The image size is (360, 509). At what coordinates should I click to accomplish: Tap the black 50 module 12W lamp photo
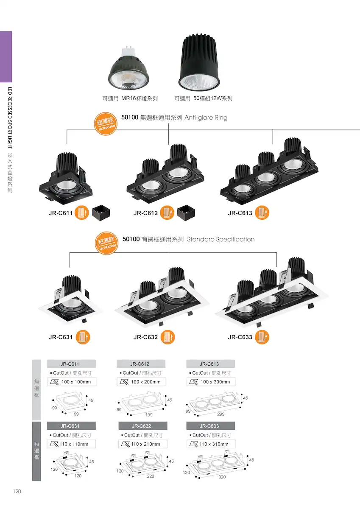click(199, 62)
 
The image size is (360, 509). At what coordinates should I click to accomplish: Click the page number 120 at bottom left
click(17, 491)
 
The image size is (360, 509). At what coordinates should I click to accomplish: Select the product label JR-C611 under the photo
click(60, 213)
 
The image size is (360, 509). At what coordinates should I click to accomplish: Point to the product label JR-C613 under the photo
click(240, 213)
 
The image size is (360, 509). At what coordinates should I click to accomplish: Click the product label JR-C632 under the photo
click(145, 337)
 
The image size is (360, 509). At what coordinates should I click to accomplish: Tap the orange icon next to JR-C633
click(262, 337)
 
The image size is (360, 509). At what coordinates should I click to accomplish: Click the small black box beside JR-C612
click(186, 213)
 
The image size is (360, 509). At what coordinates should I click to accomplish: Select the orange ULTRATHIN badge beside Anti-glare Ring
click(106, 124)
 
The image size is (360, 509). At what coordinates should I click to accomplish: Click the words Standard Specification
click(221, 239)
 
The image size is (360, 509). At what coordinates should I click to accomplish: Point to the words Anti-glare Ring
click(206, 118)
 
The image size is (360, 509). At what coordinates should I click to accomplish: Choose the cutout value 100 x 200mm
click(146, 382)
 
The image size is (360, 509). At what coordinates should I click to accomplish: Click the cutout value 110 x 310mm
click(214, 444)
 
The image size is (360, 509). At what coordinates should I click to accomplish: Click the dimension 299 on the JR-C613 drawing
click(221, 414)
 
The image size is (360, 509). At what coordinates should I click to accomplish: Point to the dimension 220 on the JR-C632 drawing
click(151, 476)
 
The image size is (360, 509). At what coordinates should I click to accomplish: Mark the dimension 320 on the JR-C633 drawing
click(222, 477)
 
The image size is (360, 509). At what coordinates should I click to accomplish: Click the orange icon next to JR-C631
click(83, 337)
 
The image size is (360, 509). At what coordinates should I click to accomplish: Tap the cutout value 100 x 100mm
click(76, 382)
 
